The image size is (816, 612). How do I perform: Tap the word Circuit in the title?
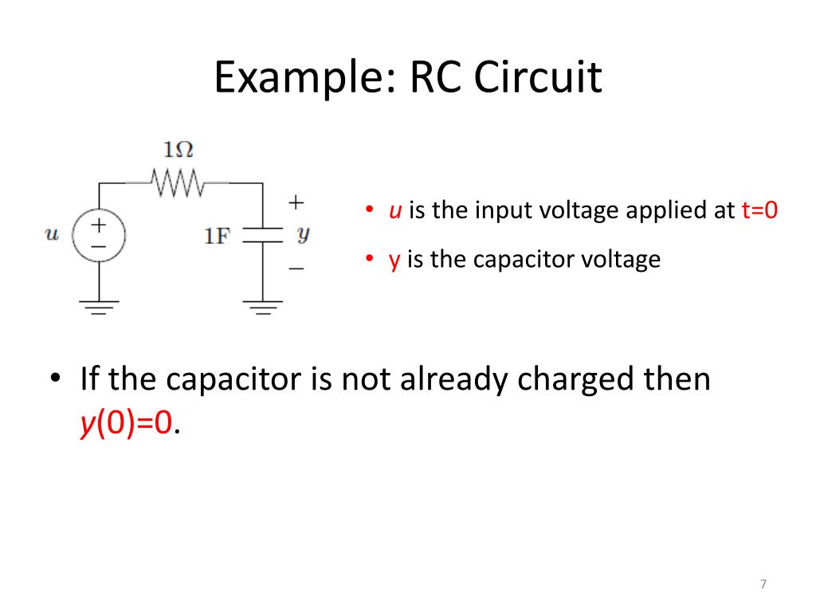point(539,78)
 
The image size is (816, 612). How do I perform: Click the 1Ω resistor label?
point(178,150)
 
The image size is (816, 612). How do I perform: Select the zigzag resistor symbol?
point(178,184)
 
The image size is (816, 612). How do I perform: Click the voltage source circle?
point(98,237)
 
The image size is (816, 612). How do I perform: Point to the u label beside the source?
point(53,234)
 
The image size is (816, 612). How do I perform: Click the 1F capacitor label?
point(218,236)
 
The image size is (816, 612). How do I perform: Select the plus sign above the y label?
point(296,202)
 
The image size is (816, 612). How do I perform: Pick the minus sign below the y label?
point(296,269)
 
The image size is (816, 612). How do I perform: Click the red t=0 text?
point(759,210)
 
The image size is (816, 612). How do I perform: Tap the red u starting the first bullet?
point(394,211)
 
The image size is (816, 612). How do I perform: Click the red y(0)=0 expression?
point(126,423)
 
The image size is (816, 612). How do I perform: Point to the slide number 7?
point(763,584)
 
